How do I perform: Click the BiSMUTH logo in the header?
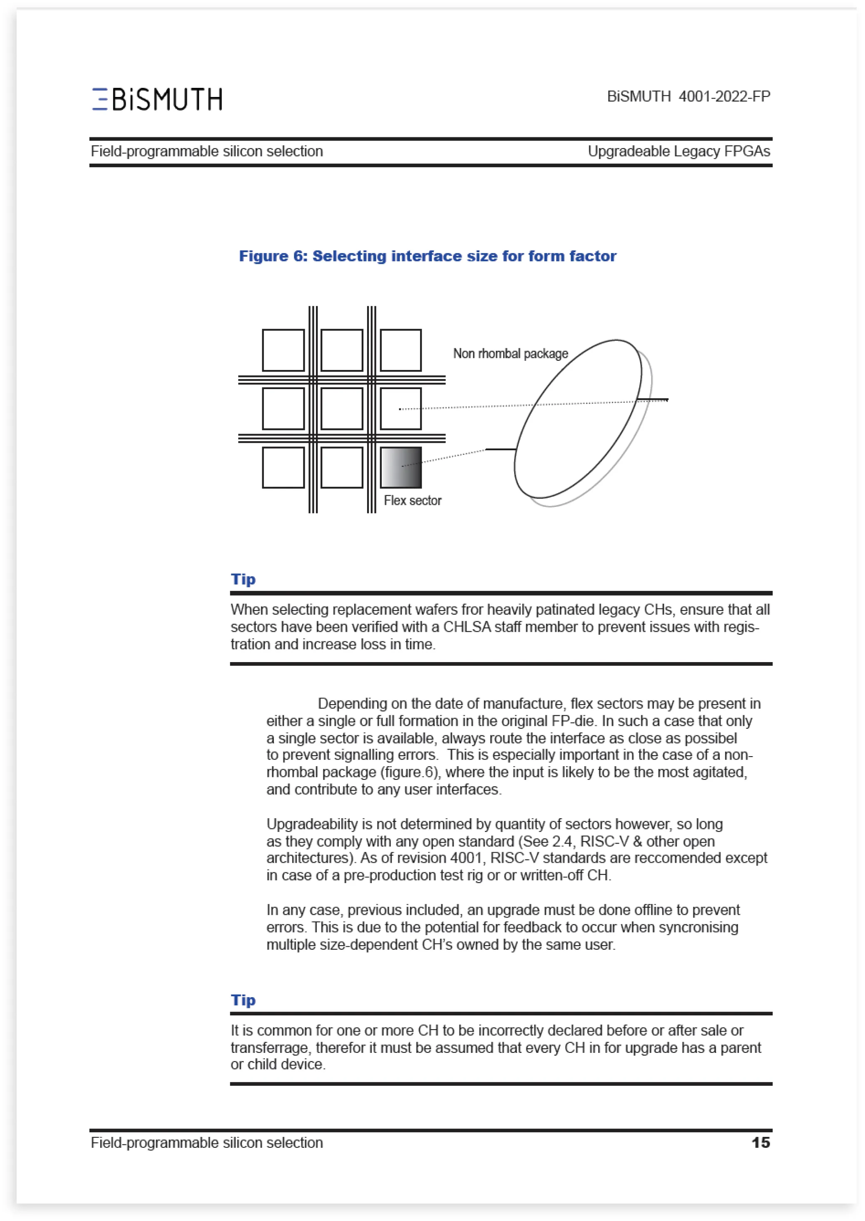tap(157, 99)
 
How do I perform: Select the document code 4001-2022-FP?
tap(724, 97)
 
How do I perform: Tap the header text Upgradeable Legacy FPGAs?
tap(679, 151)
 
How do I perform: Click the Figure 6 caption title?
tap(427, 256)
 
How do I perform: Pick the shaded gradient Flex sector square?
tap(400, 467)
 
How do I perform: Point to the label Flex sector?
tap(413, 501)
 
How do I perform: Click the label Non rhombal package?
tap(510, 354)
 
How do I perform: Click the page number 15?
tap(761, 1143)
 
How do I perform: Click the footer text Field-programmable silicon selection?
tap(206, 1143)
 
